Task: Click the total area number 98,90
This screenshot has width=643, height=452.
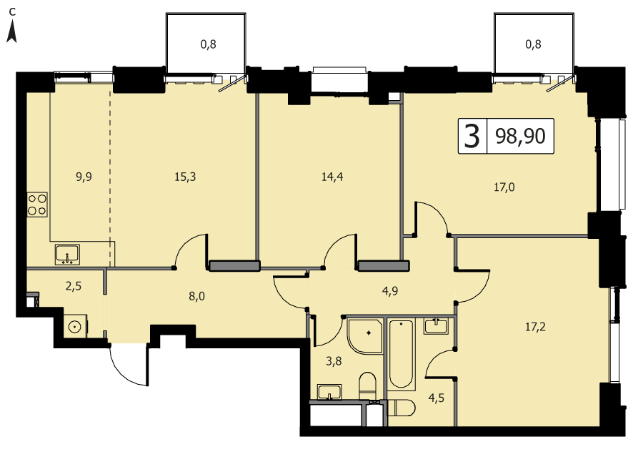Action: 520,137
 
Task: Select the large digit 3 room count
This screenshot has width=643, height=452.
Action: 472,137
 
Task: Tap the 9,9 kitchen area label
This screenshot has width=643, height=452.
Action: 84,177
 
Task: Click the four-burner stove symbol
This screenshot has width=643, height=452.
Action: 37,205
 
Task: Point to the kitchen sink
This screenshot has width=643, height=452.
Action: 68,255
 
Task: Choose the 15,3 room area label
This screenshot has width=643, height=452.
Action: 185,177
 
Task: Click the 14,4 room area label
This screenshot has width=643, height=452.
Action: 332,177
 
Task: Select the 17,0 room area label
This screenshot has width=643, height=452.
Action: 504,187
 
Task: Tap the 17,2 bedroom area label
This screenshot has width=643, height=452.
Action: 535,327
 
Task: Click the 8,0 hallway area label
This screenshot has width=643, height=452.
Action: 197,296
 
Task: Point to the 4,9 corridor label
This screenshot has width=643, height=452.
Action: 389,291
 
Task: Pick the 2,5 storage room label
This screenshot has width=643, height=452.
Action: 74,286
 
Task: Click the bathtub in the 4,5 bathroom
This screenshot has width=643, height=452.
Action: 401,354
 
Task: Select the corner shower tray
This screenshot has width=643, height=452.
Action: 365,335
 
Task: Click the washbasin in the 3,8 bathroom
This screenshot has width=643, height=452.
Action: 329,392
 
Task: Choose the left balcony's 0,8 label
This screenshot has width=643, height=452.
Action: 209,44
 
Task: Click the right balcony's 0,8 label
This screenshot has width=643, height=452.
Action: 533,44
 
